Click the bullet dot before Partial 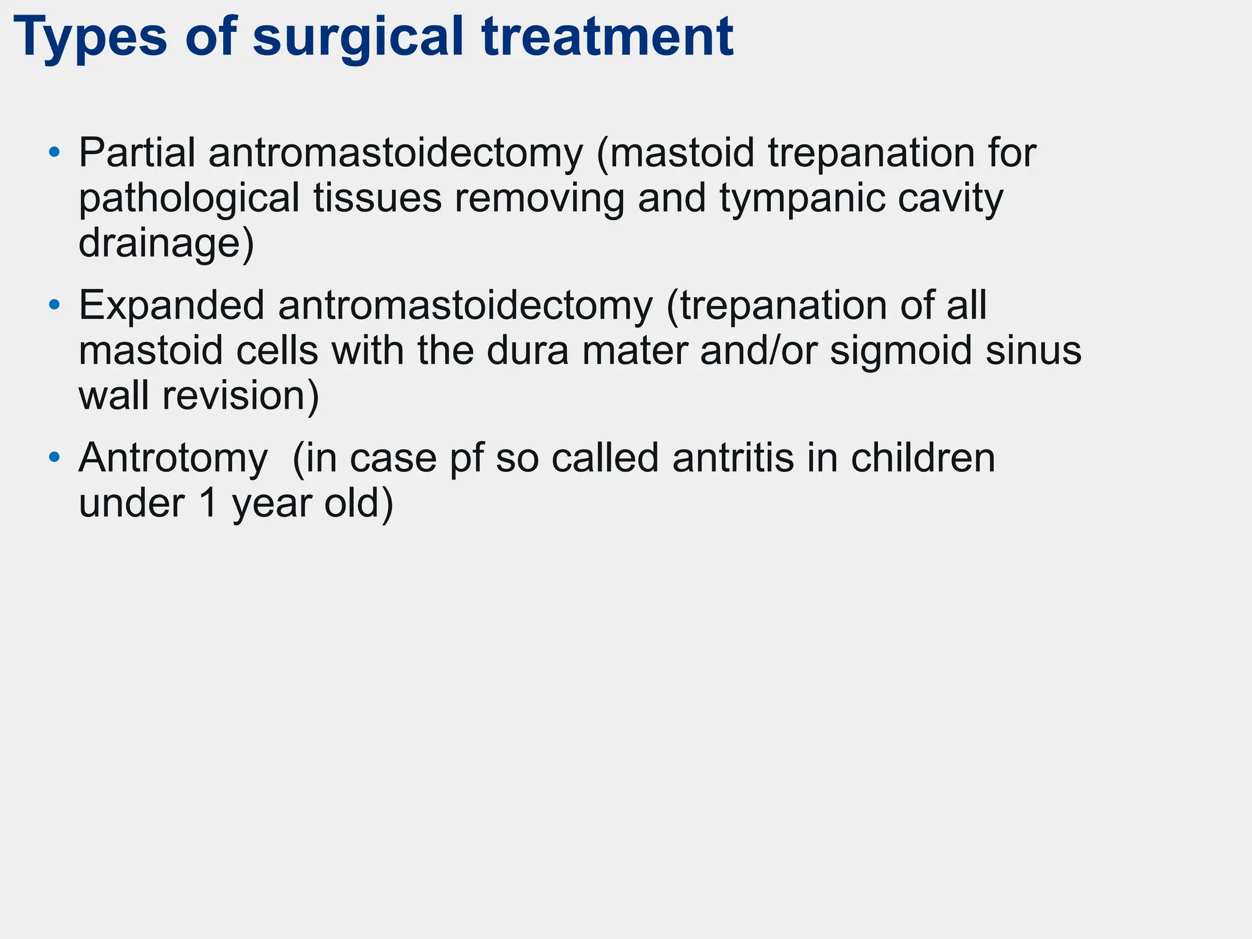click(x=55, y=151)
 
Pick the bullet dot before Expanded click(x=55, y=304)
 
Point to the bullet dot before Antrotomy click(x=55, y=457)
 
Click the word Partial click(x=137, y=153)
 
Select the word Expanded click(x=172, y=306)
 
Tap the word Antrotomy click(x=173, y=458)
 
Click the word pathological click(x=189, y=199)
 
